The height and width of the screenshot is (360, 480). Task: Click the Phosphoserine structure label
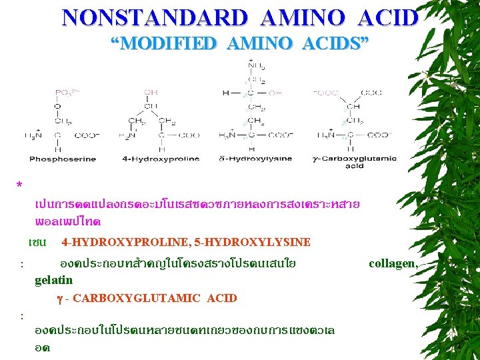click(62, 159)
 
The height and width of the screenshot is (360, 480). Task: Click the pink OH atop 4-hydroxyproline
click(151, 92)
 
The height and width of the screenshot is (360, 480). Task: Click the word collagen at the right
click(393, 264)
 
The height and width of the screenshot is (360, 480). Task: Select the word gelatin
click(53, 281)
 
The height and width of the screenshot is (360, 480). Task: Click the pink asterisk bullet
click(20, 185)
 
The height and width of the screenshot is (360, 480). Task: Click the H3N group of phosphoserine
click(33, 135)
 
